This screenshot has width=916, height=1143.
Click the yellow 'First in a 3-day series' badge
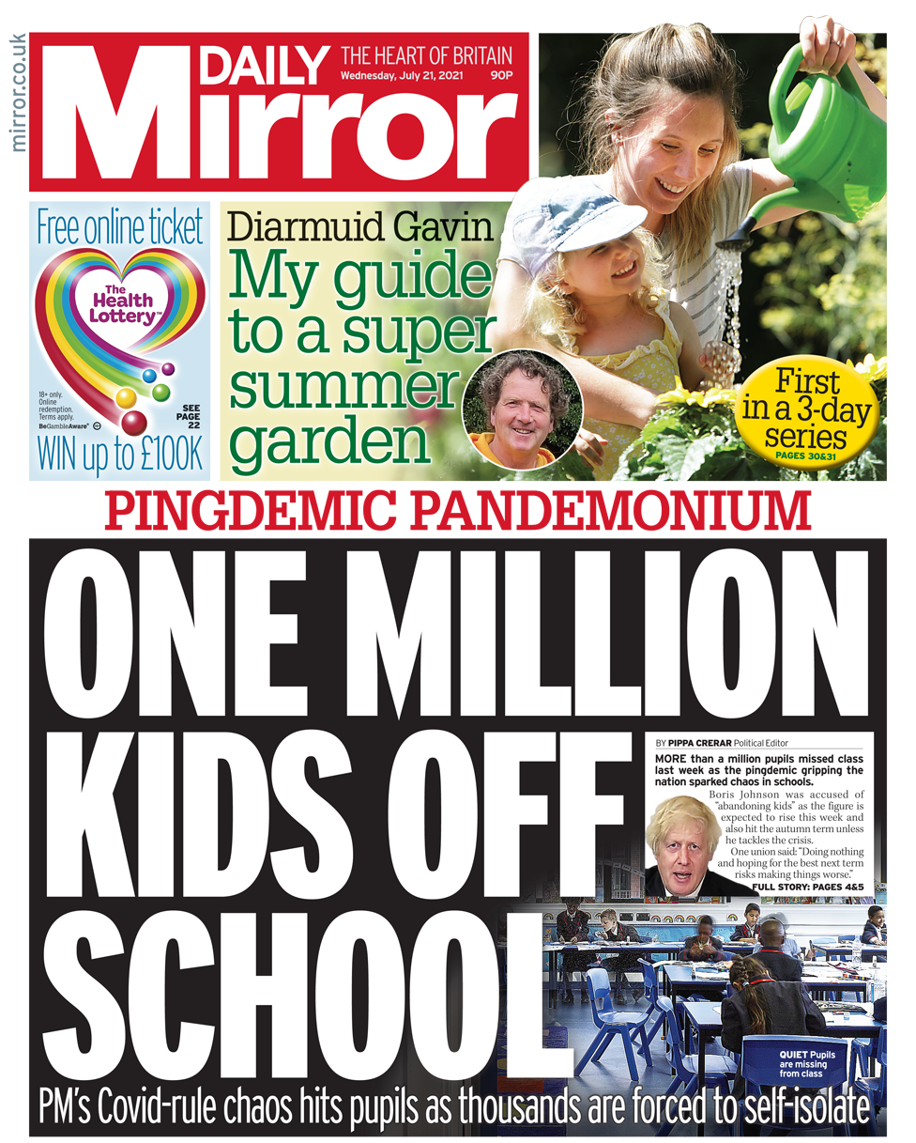806,410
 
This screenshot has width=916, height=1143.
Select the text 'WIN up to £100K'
119,454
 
